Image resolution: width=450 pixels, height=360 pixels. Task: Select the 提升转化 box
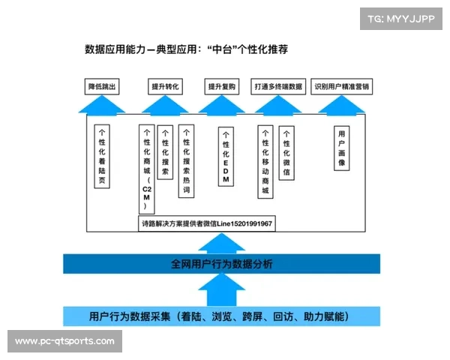(x=166, y=87)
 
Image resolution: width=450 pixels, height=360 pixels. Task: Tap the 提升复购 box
(x=223, y=87)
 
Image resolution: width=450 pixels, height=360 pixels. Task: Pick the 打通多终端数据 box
(x=278, y=87)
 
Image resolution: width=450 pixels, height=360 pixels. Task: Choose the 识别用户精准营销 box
(x=342, y=87)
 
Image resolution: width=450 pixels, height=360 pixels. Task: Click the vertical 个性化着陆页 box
(x=102, y=155)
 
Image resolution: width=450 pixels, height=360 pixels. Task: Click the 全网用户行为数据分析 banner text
(x=223, y=264)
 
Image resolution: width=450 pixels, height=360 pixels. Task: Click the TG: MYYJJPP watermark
(x=400, y=19)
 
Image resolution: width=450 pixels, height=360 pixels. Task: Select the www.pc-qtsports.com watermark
(x=65, y=341)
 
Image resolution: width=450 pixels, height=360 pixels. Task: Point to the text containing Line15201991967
(x=206, y=224)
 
